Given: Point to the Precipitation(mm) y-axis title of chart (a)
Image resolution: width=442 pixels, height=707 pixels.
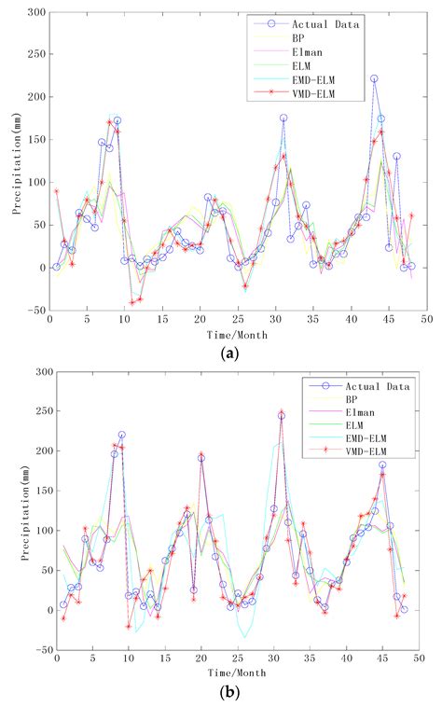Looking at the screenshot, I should [x=16, y=160].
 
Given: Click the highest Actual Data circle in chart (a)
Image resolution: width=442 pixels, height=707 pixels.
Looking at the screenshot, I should [x=374, y=79].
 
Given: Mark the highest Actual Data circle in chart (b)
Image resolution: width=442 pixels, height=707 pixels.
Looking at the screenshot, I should [x=281, y=416].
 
